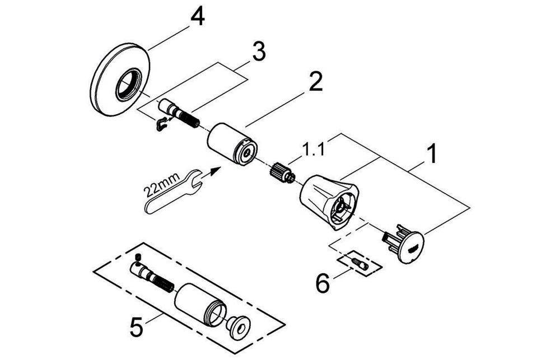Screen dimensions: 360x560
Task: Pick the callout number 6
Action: pos(323,283)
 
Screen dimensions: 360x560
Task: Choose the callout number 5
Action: pos(137,327)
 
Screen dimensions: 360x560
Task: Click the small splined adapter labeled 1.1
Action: pos(282,172)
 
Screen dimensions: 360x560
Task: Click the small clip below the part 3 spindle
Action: pos(161,125)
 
